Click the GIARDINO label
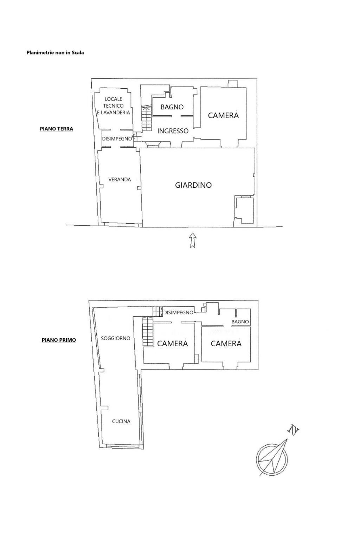click(x=193, y=185)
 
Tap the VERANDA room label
click(x=120, y=179)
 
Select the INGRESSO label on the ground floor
click(x=173, y=131)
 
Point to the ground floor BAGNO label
click(x=172, y=107)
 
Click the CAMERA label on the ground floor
click(x=223, y=115)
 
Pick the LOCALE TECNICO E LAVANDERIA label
click(x=113, y=105)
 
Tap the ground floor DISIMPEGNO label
click(x=117, y=139)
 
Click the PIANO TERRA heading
click(x=56, y=129)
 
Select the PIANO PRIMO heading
click(x=59, y=340)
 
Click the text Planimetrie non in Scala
click(x=55, y=52)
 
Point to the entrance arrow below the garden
click(x=192, y=240)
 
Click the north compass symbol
click(x=272, y=456)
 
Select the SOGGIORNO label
click(x=116, y=338)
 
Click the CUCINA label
click(x=121, y=421)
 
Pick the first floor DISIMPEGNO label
click(x=178, y=313)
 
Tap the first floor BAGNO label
click(x=240, y=322)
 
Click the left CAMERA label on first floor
click(x=172, y=343)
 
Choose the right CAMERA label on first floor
click(x=226, y=343)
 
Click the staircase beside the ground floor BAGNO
click(x=147, y=118)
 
